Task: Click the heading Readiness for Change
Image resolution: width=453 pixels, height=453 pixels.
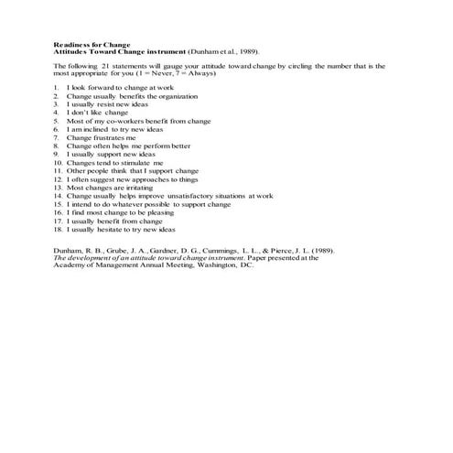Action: pos(92,44)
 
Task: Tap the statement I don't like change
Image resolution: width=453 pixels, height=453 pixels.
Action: pos(97,112)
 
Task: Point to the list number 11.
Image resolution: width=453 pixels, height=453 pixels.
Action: pos(57,170)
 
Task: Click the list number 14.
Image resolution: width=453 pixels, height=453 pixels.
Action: pos(57,195)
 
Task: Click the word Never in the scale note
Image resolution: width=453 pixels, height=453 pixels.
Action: pos(174,73)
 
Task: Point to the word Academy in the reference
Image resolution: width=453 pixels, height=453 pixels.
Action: pos(68,264)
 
